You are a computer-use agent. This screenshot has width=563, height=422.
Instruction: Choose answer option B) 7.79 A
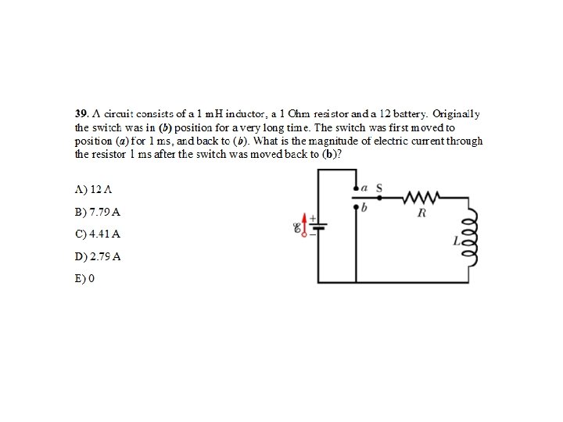point(98,212)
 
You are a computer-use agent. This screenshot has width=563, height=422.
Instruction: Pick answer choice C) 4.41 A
point(98,234)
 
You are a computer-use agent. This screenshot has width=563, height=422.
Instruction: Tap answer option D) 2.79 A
point(98,256)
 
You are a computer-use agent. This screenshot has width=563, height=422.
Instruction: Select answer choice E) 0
point(84,277)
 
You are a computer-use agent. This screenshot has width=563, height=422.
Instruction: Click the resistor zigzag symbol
point(422,195)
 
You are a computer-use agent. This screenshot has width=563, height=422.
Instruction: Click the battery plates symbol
point(319,227)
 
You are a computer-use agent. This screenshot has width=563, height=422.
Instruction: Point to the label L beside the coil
point(457,243)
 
